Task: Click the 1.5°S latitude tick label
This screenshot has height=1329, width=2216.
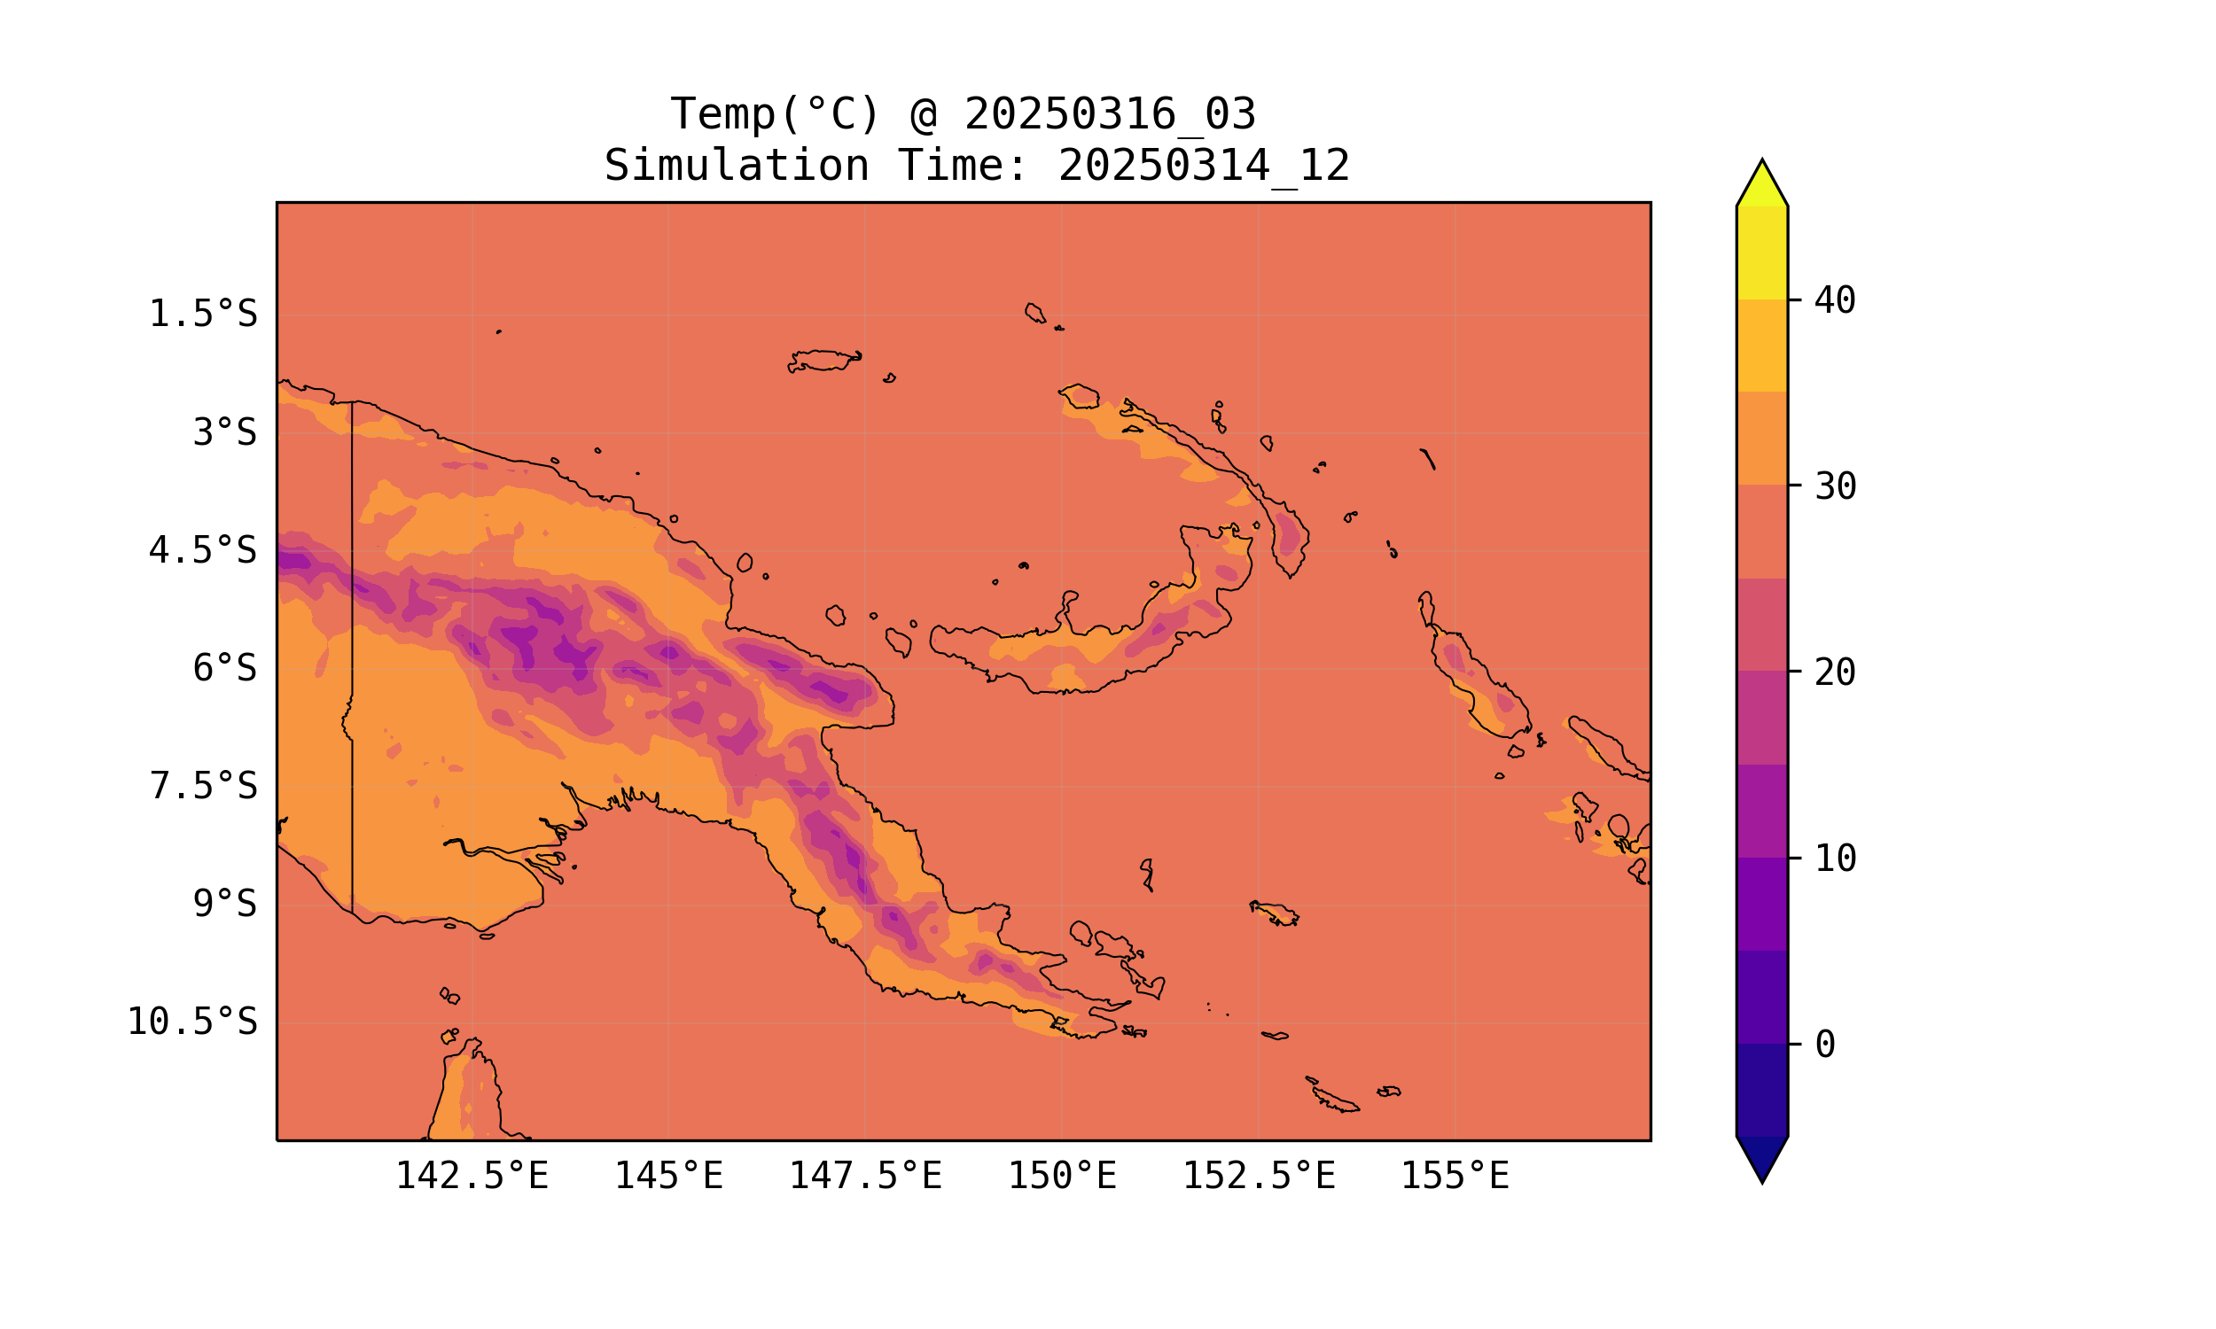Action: pyautogui.click(x=202, y=315)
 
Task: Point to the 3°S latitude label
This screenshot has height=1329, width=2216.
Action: pyautogui.click(x=225, y=432)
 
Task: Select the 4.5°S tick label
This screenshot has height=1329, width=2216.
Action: pyautogui.click(x=202, y=551)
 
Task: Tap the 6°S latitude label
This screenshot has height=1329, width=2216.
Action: pyautogui.click(x=225, y=668)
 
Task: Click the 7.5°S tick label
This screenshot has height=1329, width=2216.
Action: pyautogui.click(x=202, y=786)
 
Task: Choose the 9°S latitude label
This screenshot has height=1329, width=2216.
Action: pyautogui.click(x=225, y=904)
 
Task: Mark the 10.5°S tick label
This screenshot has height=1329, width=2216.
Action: pyautogui.click(x=191, y=1022)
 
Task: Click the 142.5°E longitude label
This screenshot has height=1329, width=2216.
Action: pyautogui.click(x=472, y=1176)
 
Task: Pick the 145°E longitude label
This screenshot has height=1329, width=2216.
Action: pyautogui.click(x=668, y=1176)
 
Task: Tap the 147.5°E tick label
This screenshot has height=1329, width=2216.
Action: pyautogui.click(x=864, y=1176)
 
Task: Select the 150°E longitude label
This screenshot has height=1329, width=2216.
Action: pyautogui.click(x=1062, y=1176)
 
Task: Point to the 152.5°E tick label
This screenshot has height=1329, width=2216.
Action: pyautogui.click(x=1259, y=1176)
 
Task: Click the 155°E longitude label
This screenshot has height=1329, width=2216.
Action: pyautogui.click(x=1455, y=1176)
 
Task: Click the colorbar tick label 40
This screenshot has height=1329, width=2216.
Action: pyautogui.click(x=1835, y=301)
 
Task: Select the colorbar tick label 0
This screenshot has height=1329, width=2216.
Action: pyautogui.click(x=1824, y=1045)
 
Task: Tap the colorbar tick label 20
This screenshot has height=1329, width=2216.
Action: pyautogui.click(x=1835, y=672)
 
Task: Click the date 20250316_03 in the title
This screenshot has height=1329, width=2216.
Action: pyautogui.click(x=1110, y=114)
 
